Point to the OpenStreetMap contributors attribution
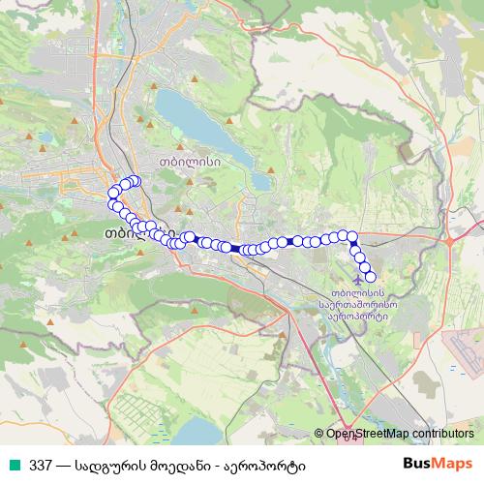[x=394, y=434]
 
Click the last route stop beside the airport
[x=370, y=277]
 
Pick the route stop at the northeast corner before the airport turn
[x=352, y=235]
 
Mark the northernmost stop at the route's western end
[x=134, y=181]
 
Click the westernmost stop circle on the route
[x=112, y=192]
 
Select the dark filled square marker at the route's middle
[x=235, y=249]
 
